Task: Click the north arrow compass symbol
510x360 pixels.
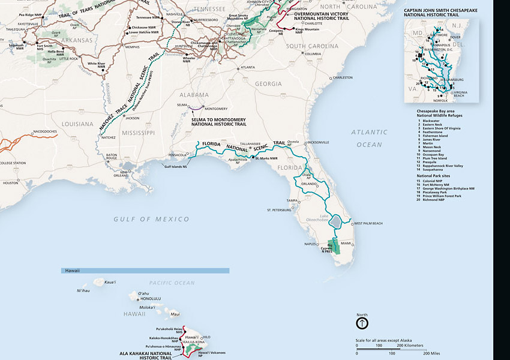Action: click(362, 323)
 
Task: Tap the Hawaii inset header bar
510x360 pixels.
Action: click(145, 271)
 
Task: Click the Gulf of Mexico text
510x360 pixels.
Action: click(151, 219)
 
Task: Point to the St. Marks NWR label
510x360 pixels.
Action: click(266, 158)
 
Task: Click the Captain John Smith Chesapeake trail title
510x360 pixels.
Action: click(443, 11)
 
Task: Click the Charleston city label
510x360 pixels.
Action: click(342, 77)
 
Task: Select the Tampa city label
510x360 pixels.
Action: click(292, 200)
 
